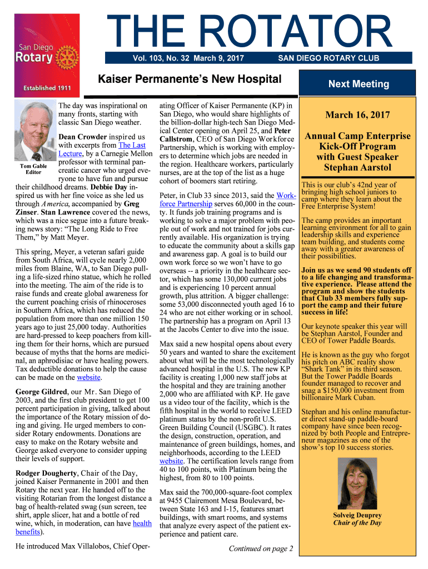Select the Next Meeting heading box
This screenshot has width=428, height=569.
coord(358,84)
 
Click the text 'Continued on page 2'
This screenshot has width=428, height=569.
coord(261,548)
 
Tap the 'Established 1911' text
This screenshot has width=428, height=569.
coord(47,88)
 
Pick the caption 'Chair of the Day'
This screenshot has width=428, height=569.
coord(357,523)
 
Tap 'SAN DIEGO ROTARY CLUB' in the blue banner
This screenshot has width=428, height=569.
coord(329,58)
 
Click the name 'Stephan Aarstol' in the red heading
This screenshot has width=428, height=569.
coord(357,167)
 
